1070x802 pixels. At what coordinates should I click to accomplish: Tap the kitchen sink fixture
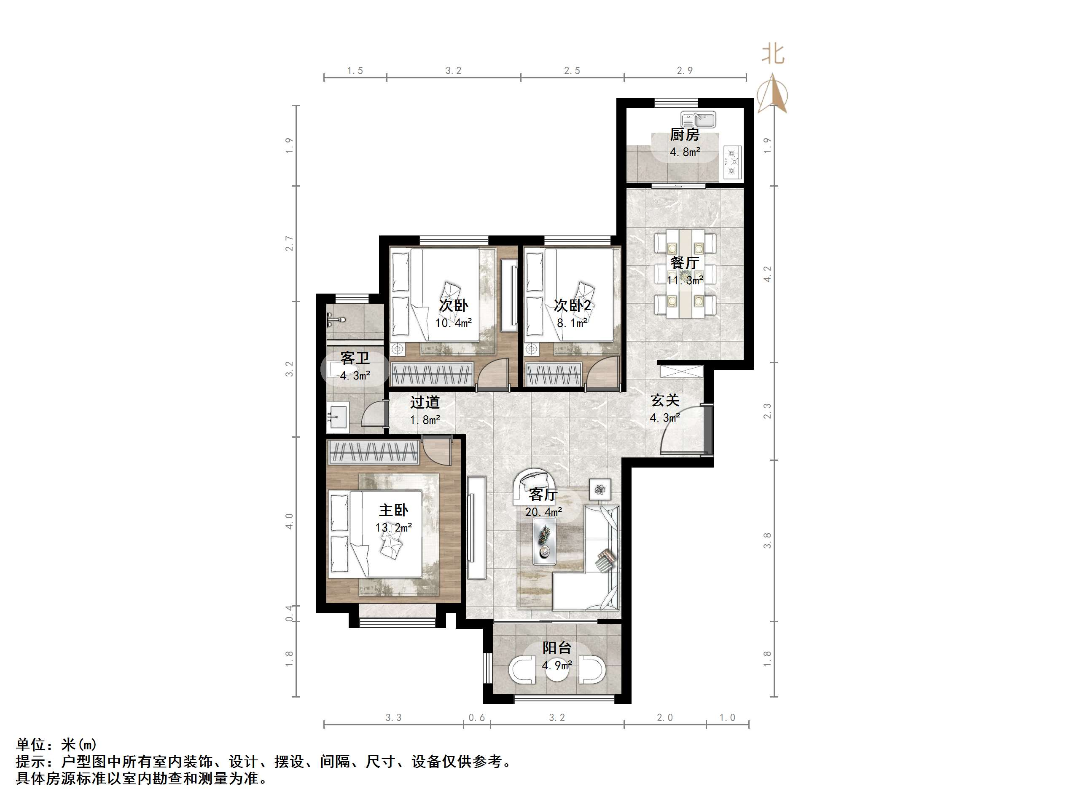698,119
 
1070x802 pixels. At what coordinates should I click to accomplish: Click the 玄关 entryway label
664,400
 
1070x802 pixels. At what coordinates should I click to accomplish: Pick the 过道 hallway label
425,402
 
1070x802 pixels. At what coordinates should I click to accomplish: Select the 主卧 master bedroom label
393,510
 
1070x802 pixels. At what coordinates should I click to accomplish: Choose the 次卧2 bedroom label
572,305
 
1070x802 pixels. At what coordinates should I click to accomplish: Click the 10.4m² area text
453,323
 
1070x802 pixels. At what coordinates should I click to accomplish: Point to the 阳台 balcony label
557,647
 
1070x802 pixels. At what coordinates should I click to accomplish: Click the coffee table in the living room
544,543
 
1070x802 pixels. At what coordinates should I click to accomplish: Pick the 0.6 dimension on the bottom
476,718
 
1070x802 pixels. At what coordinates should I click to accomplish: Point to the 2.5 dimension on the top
572,71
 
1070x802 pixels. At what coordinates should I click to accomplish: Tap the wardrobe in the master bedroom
372,452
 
